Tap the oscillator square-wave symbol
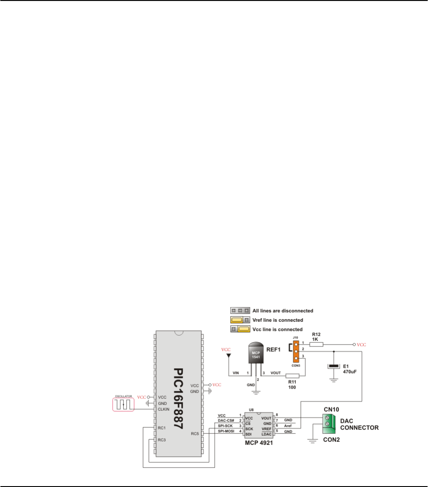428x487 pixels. click(123, 404)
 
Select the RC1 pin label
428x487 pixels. click(161, 428)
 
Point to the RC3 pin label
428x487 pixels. click(161, 440)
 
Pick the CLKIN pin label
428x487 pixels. click(164, 409)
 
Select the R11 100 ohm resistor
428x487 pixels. click(292, 376)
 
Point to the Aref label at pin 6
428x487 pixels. click(288, 425)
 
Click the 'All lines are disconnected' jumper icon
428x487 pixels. click(238, 311)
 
